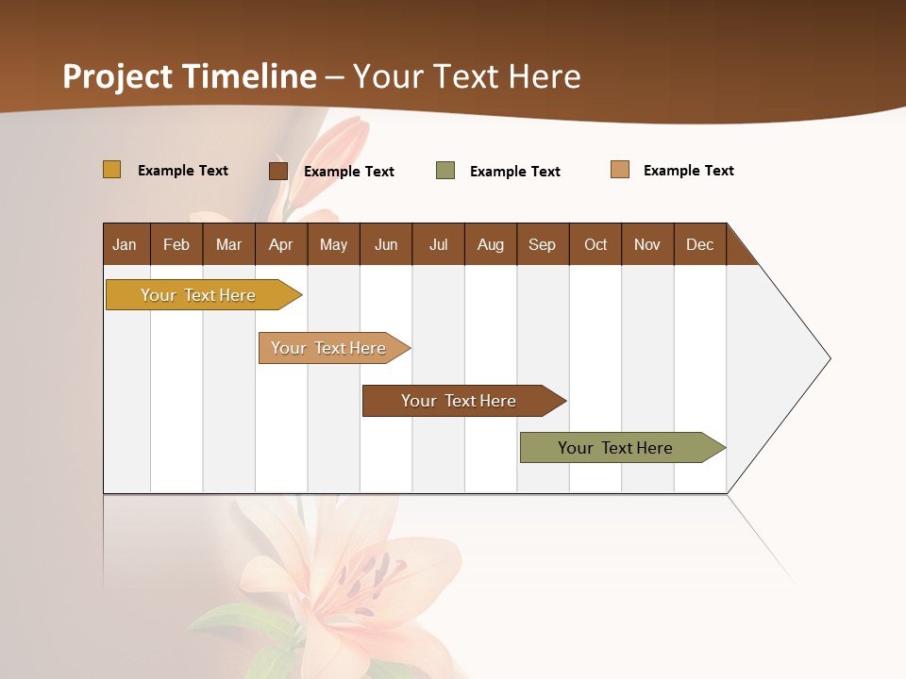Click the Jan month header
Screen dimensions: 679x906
point(125,244)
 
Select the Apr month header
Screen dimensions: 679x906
point(280,244)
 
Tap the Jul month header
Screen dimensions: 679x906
point(438,244)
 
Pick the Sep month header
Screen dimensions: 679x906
point(542,244)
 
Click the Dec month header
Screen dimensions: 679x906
point(699,244)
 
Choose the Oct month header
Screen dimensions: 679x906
point(595,244)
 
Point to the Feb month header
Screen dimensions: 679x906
point(176,244)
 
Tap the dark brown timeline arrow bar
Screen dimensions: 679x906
point(460,401)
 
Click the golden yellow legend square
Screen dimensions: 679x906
point(112,170)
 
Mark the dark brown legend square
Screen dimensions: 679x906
point(278,171)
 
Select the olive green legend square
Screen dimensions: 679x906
point(445,171)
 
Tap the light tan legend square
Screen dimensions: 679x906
point(620,170)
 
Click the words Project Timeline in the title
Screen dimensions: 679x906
point(189,76)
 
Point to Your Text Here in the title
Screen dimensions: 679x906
point(467,76)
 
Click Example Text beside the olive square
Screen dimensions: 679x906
point(514,172)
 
